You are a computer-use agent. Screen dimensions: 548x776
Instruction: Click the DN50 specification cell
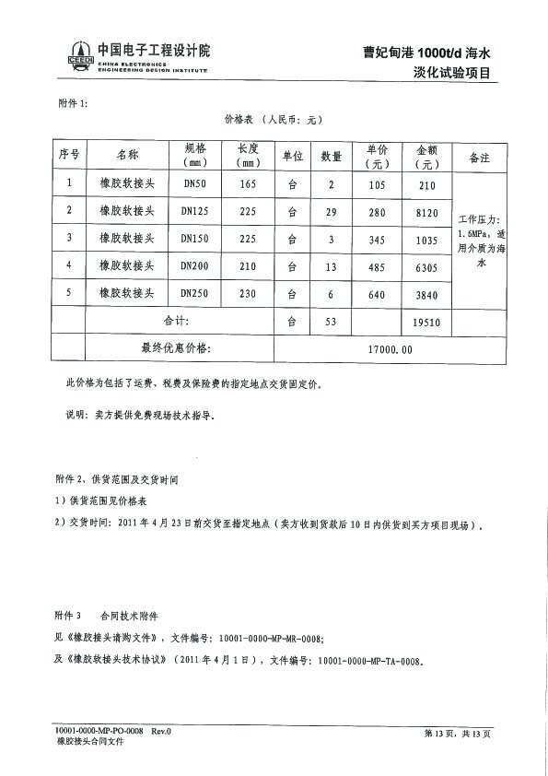[195, 183]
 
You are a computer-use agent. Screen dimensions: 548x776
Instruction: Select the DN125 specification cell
[195, 211]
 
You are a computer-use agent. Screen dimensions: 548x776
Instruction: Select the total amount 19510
[426, 322]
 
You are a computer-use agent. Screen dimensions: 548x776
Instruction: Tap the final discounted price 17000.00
[390, 349]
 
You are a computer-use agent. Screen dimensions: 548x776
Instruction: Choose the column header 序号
[68, 156]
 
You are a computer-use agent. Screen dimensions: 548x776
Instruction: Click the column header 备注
[479, 158]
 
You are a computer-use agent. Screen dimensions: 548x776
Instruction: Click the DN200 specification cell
[195, 266]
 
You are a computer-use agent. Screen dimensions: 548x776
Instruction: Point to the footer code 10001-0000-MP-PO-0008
[99, 731]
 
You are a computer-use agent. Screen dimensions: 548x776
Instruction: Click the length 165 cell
[247, 183]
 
